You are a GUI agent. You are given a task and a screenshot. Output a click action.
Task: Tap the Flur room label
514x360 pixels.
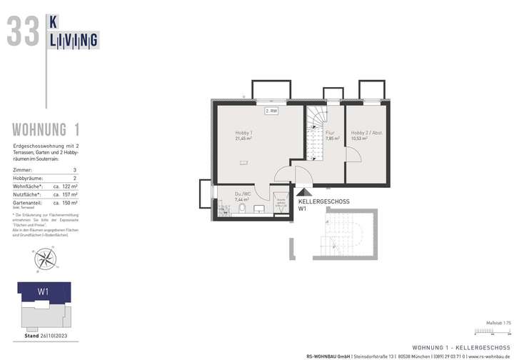[x=330, y=133]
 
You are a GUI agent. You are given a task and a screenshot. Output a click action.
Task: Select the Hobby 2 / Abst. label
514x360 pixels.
[x=363, y=133]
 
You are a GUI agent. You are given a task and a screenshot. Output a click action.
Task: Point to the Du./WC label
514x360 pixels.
[x=243, y=194]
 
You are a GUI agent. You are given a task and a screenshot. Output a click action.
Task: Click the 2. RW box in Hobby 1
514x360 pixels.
[x=271, y=111]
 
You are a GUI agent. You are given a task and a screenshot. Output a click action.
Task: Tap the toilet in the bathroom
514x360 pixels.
[x=243, y=209]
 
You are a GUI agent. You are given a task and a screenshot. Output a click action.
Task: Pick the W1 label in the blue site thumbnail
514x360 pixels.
[x=43, y=291]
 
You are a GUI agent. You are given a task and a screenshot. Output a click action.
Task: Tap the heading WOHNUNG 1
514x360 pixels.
[x=46, y=129]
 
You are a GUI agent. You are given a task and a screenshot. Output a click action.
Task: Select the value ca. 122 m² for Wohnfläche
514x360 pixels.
[x=66, y=185]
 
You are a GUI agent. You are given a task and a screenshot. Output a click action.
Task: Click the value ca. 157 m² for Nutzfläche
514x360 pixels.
[x=66, y=194]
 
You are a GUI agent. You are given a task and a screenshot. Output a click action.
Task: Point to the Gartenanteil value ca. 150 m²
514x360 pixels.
[x=66, y=202]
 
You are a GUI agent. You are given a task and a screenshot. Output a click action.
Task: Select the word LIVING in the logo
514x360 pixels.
[x=73, y=41]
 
